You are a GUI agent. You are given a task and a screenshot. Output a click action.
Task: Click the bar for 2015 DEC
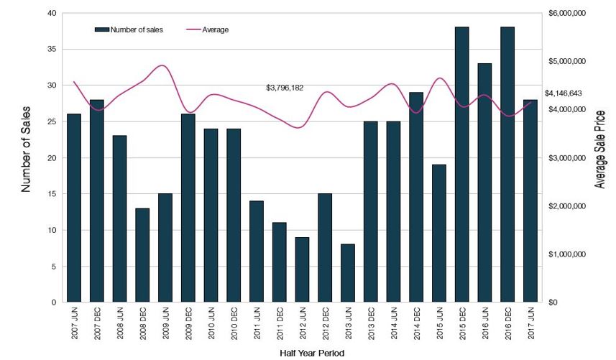461,165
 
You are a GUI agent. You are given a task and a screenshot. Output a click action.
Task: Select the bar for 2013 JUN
348,273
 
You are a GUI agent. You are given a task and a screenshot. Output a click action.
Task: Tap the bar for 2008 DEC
142,255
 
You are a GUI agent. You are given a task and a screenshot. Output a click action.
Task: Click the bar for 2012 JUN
302,269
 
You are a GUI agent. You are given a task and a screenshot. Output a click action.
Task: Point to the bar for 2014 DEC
416,197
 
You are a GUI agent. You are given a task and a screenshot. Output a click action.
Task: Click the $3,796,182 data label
285,88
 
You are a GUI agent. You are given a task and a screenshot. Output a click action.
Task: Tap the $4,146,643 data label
563,93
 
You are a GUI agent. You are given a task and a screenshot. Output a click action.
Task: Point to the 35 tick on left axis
51,50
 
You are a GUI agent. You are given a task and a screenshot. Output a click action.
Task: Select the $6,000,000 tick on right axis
568,14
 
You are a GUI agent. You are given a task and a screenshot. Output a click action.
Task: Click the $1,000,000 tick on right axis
568,254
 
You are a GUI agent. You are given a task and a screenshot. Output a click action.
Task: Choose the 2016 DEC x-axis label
507,324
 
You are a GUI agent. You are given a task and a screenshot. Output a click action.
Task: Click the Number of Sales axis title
26,157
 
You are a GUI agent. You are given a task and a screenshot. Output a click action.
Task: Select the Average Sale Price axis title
601,149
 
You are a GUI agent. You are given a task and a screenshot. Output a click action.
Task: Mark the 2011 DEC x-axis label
280,324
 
